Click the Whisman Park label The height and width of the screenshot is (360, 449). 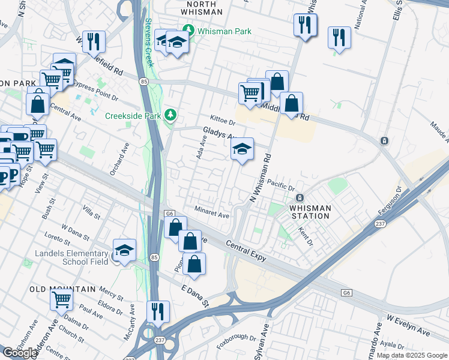tap(220, 29)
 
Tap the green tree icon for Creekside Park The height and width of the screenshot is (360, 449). tap(171, 114)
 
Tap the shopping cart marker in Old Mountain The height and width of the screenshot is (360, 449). tap(61, 298)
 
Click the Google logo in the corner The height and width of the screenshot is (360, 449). tap(20, 353)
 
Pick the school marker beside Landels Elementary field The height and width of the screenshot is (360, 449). tap(124, 250)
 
